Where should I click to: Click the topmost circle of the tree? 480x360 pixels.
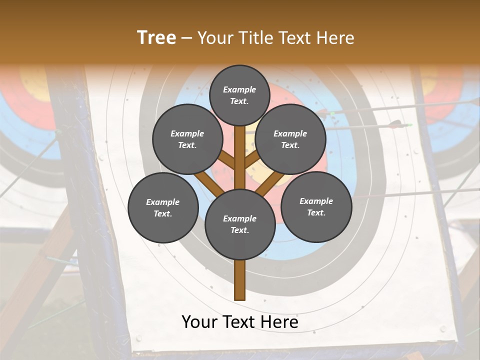239,95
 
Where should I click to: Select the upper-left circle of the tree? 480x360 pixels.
187,139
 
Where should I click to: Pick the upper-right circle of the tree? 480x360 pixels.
290,139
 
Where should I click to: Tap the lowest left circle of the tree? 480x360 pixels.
163,207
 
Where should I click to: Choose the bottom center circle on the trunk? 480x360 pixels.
240,224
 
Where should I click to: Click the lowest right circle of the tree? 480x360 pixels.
316,206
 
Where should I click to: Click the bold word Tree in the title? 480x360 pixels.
156,38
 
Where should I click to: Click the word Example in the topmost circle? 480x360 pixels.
239,89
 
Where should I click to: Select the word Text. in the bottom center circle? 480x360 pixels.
239,230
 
